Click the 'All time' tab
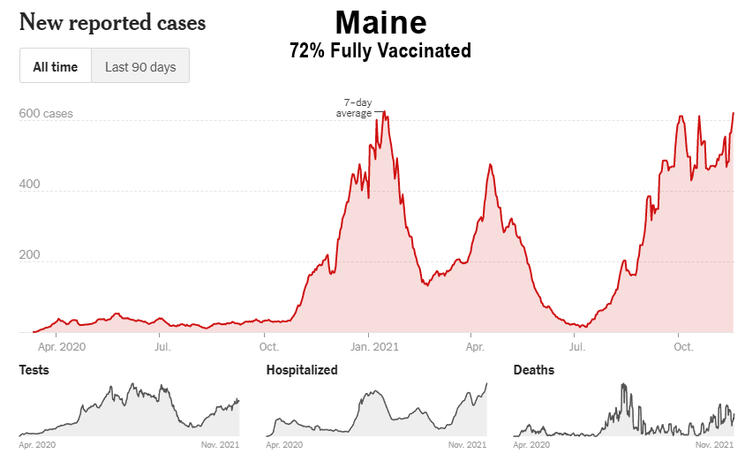[56, 66]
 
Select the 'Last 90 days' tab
[140, 66]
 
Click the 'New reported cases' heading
[112, 23]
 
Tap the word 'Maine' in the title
[380, 21]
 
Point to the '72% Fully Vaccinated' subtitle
[380, 51]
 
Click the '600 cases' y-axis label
[46, 114]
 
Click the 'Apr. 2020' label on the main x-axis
[56, 347]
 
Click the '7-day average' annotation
[356, 108]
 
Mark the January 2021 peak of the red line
[383, 112]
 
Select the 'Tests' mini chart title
[34, 370]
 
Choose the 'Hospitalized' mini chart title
[302, 370]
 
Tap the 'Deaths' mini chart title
[534, 370]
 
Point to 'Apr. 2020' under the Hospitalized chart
[284, 444]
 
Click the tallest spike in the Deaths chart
[623, 385]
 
